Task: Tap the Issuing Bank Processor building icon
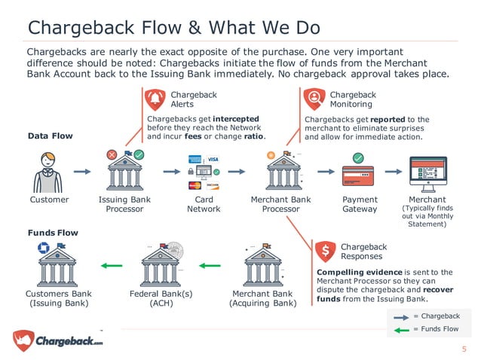(x=124, y=172)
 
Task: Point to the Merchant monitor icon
(x=427, y=174)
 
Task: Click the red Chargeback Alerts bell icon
(x=155, y=99)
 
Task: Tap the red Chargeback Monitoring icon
(x=314, y=99)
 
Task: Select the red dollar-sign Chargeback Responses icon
(x=326, y=251)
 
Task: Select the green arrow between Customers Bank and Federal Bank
(x=111, y=265)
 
